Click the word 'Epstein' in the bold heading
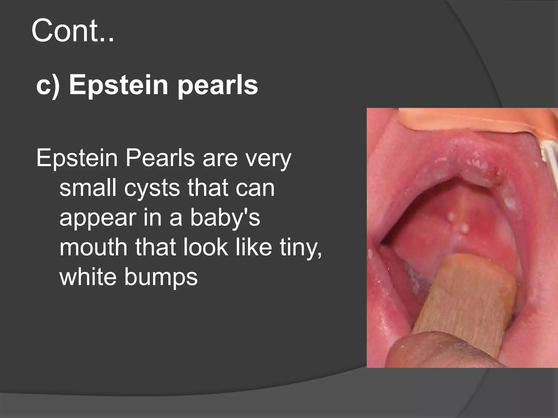(118, 85)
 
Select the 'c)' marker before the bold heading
(48, 85)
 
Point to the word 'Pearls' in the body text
(160, 158)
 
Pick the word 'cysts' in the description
(152, 188)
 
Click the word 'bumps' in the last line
(161, 278)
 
